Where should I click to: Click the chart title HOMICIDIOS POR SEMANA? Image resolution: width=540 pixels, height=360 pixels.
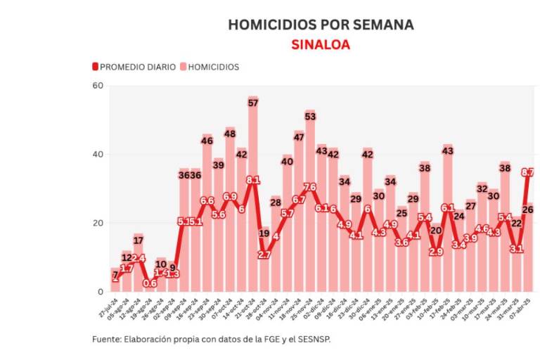pos(321,25)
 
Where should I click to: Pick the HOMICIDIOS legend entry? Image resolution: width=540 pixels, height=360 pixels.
pos(211,67)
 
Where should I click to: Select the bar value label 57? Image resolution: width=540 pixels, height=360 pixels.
pos(253,103)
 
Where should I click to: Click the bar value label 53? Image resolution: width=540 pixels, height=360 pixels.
pos(310,116)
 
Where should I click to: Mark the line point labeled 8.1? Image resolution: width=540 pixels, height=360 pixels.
pos(253,180)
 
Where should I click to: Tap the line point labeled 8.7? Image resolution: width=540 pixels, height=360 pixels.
pos(527,172)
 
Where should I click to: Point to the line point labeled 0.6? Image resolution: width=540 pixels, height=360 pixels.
pos(150,283)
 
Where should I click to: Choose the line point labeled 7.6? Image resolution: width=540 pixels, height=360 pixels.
pos(310,187)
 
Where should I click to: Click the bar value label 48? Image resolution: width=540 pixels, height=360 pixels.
pos(230,133)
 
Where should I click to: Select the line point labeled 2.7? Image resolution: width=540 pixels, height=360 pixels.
pos(264,255)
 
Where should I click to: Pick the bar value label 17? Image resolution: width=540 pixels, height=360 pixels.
pos(139,240)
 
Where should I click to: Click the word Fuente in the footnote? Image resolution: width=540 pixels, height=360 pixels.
pos(107,339)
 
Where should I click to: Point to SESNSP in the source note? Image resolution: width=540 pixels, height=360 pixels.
pos(313,339)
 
